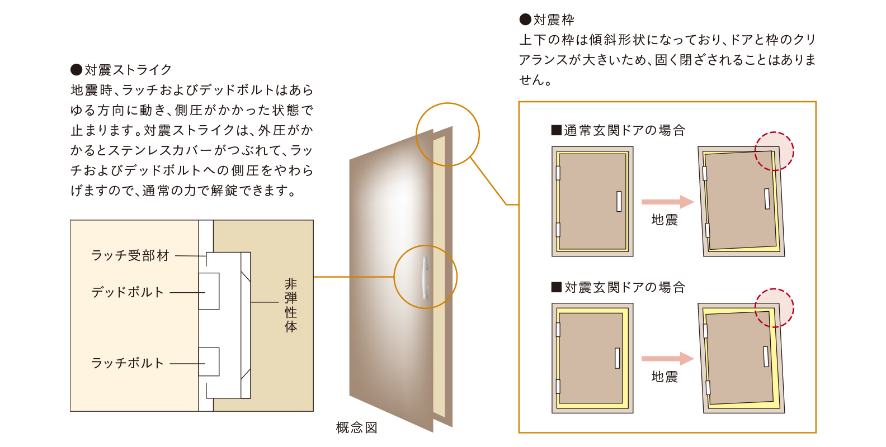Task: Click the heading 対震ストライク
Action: [128, 70]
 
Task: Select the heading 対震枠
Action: [554, 20]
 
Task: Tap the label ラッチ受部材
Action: [130, 256]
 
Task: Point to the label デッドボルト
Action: [128, 292]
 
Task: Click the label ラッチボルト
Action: [128, 363]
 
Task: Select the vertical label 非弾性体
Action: [291, 305]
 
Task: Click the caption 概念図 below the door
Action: [356, 427]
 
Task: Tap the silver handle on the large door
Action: [425, 278]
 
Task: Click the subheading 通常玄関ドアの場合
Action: [625, 130]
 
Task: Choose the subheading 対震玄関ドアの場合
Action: [625, 287]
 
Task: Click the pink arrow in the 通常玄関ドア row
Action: [668, 202]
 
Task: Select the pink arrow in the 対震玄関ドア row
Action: [668, 359]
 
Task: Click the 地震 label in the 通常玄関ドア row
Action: [664, 220]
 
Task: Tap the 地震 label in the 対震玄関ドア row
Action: [664, 377]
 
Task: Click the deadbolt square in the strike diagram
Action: [209, 291]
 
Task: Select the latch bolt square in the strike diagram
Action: [209, 362]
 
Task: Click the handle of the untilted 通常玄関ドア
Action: [619, 201]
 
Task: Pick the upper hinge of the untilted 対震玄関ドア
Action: [558, 330]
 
